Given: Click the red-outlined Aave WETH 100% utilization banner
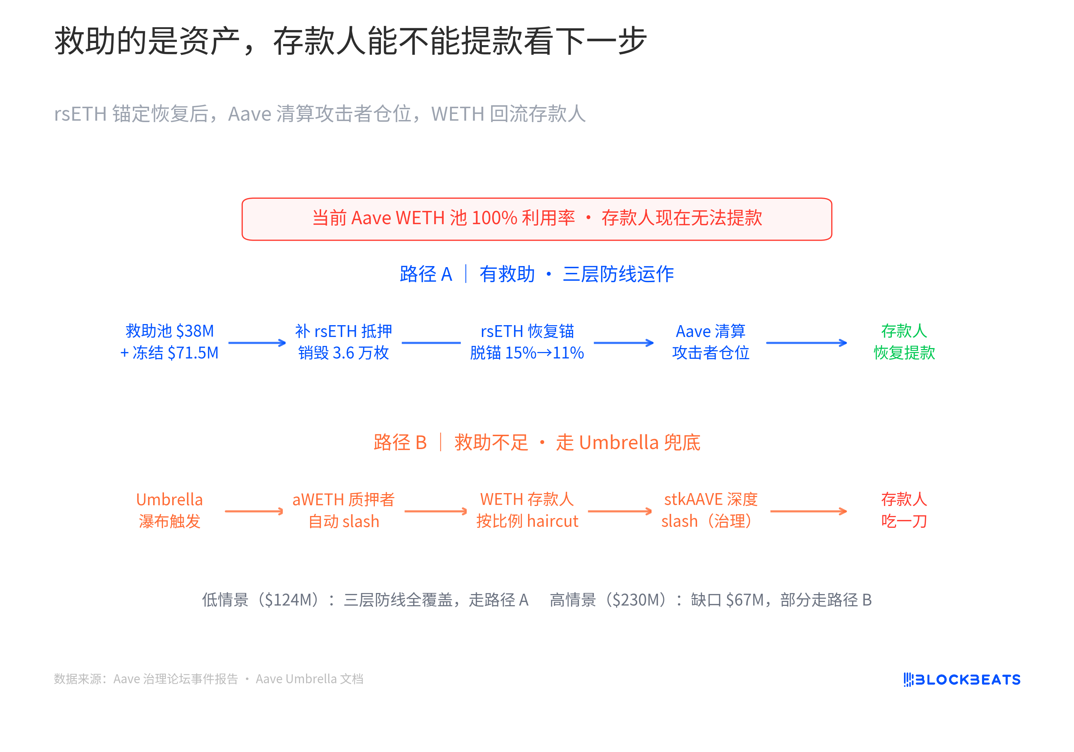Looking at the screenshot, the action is pos(537,219).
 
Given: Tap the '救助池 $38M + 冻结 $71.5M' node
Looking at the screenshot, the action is pos(169,342).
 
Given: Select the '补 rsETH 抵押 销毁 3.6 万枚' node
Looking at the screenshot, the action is pos(344,342).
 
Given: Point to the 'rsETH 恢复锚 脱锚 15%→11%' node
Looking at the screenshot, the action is pos(527,342).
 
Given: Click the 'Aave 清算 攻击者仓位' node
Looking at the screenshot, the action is pos(711,342).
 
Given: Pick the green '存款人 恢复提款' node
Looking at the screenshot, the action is pos(904,342).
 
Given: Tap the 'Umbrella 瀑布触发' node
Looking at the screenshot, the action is pos(169,510).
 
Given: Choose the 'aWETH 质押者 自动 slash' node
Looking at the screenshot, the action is pos(344,510).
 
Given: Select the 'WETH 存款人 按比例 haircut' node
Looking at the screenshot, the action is pos(527,510).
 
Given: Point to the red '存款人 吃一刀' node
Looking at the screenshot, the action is pos(904,510).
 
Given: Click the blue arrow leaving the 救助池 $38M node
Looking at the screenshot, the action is pos(257,343).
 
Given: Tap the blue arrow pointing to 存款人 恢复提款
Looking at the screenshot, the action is pos(807,343).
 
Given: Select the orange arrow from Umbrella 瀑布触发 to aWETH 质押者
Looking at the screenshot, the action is pos(254,511).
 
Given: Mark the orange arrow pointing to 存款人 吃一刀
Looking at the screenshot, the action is pos(809,511).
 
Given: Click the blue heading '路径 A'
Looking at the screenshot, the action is pos(426,274).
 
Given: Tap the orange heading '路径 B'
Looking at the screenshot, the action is pos(400,443).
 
